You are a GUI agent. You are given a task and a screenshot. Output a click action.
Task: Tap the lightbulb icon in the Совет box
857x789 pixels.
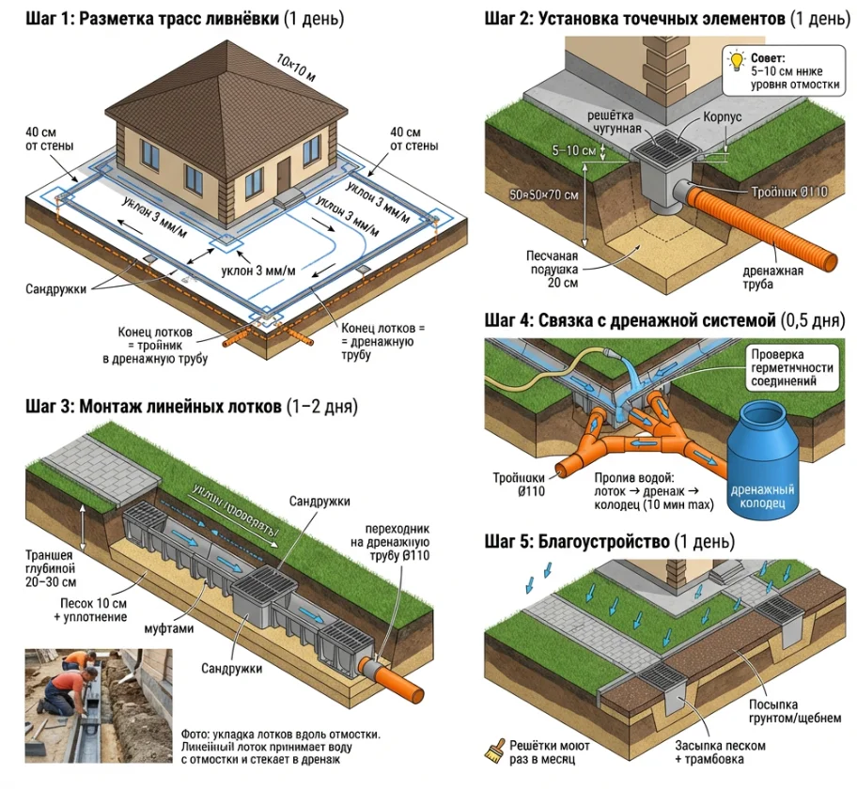click(738, 63)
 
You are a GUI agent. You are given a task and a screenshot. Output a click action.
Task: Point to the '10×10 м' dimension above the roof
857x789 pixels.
click(297, 67)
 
